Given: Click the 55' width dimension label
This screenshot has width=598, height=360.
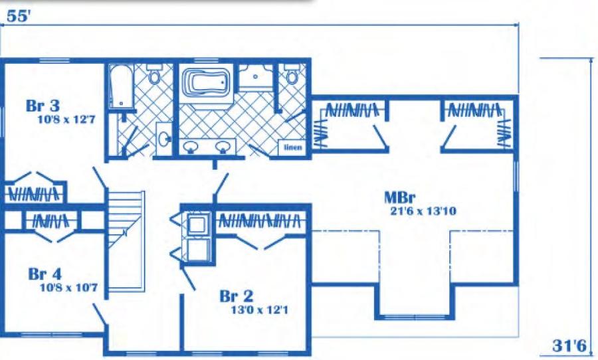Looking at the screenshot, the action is pos(18,17).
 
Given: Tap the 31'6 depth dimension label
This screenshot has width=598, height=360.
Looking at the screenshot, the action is pos(569,346).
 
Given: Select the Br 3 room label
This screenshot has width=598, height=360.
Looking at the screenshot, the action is pos(43,106).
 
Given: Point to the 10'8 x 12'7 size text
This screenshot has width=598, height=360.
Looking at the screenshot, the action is pos(66,120).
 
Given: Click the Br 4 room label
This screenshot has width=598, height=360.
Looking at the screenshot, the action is pos(45,274).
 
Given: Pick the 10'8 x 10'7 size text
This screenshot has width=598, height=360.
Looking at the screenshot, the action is pos(68,287).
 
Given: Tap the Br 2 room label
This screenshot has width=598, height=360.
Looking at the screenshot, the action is pos(237,296).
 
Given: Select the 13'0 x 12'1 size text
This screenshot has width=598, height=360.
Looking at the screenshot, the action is pos(260,310).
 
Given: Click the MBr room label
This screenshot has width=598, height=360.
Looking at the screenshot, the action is pos(400,197).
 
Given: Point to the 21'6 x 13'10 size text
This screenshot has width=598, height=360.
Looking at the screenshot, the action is pos(423,211).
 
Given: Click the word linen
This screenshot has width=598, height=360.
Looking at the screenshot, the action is pos(293,147).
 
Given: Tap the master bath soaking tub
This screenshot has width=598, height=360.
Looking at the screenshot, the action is pos(207,82).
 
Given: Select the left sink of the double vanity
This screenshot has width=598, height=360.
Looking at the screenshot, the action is pos(190,146).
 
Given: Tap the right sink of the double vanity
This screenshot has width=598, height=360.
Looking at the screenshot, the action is pos(223,146).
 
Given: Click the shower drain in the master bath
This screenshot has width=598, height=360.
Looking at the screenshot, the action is pos(255,76).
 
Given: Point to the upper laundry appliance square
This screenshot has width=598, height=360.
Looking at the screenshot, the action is pos(197,225).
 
